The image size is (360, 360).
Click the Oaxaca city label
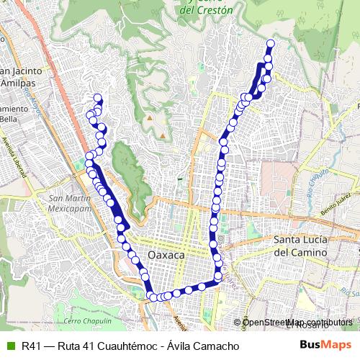click(166, 256)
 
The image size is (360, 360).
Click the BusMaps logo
click(325, 346)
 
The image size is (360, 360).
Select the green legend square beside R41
click(9, 346)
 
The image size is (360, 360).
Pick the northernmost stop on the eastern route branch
click(271, 43)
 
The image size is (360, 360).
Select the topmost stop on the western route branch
click(97, 99)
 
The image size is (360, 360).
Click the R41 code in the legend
click(30, 346)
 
